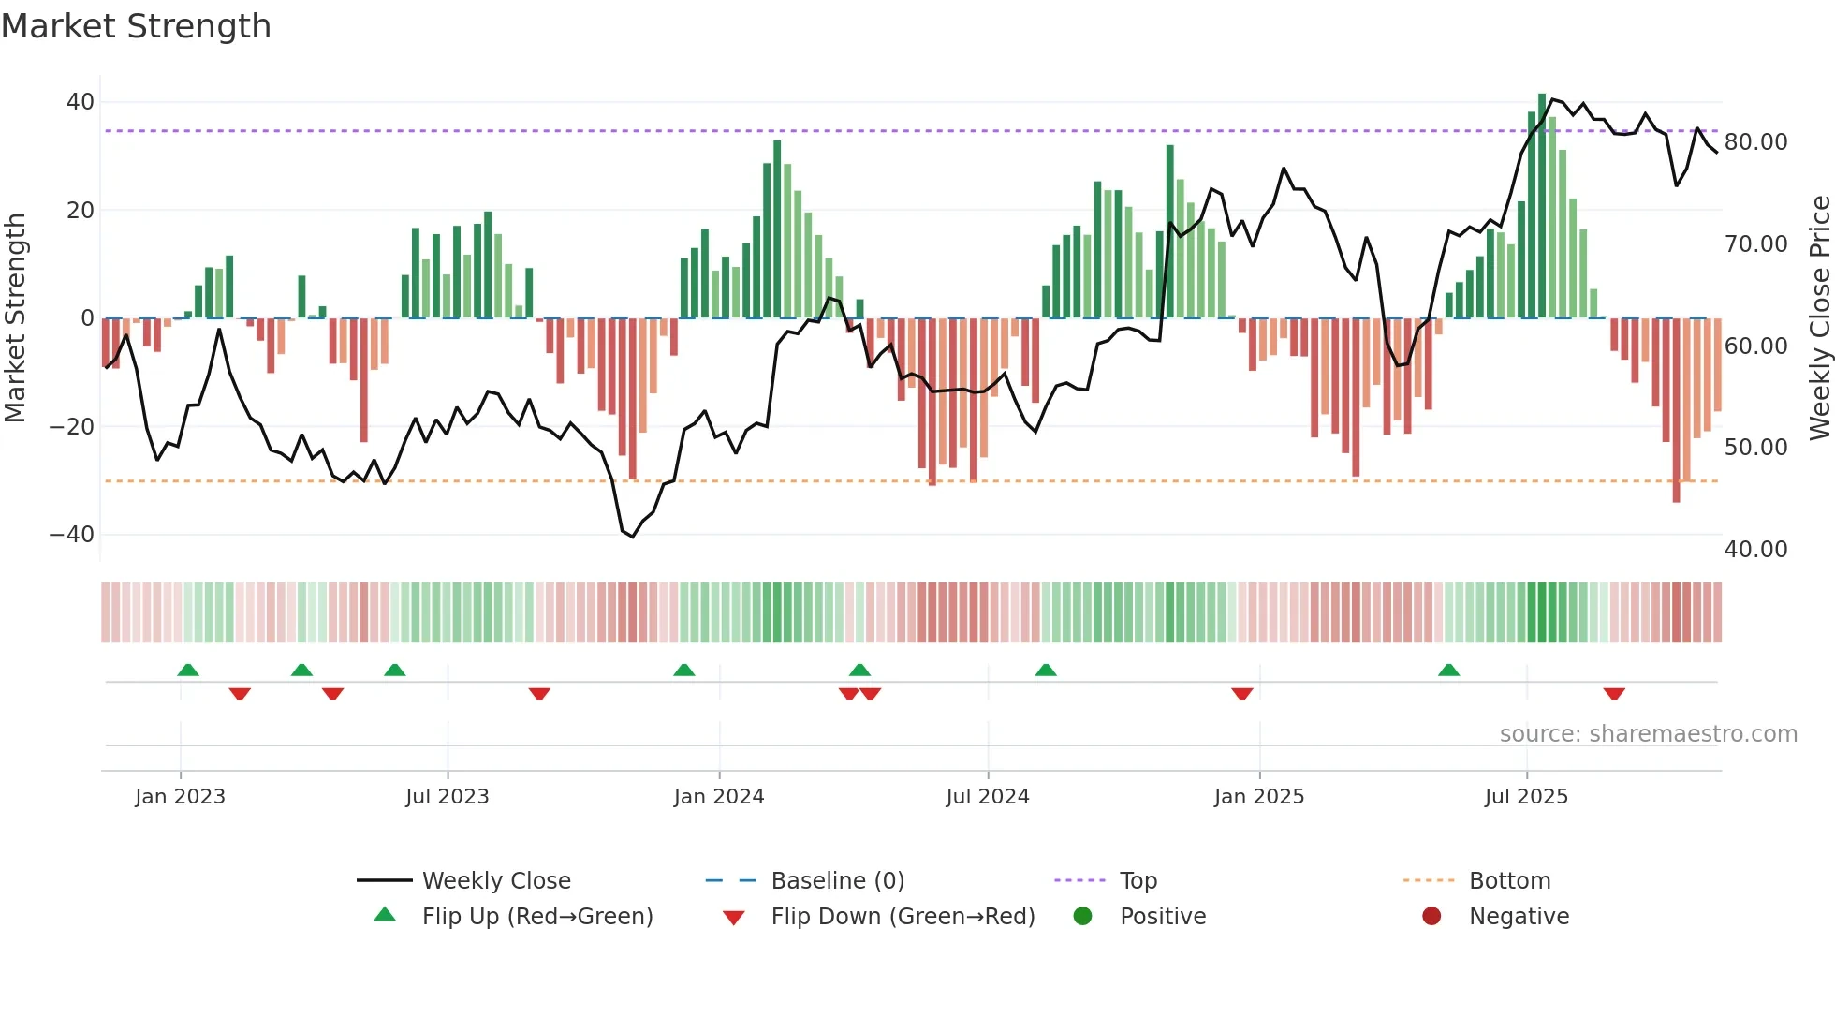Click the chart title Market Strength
tap(136, 26)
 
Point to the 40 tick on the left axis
tap(81, 101)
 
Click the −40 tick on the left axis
tap(72, 534)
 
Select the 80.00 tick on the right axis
tap(1755, 141)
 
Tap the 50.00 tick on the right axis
tap(1755, 447)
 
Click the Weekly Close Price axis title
tap(1819, 317)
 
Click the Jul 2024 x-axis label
tap(987, 796)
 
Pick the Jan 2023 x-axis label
tap(180, 796)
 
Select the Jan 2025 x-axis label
tap(1258, 796)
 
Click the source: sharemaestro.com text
tap(1648, 733)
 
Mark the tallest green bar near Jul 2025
tap(1542, 206)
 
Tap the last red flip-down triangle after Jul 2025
tap(1613, 694)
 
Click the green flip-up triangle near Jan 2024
tap(684, 670)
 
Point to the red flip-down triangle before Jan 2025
tap(1241, 694)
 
